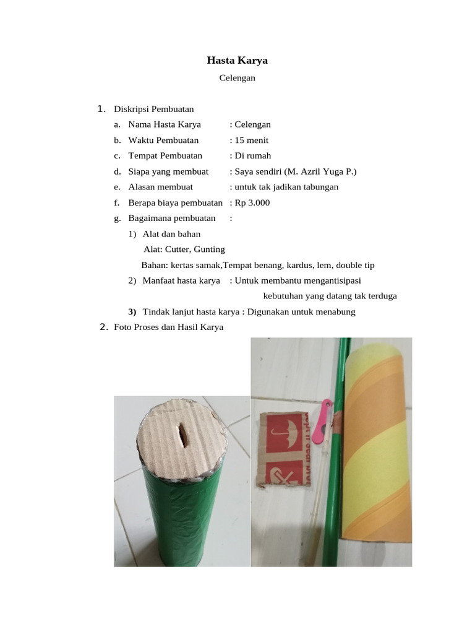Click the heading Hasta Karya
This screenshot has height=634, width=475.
(237, 61)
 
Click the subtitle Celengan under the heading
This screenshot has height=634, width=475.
(237, 78)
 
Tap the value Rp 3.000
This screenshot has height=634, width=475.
(252, 202)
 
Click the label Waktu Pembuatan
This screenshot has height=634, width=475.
(163, 140)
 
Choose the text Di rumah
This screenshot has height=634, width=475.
(253, 155)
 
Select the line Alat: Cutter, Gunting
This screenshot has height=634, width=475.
(184, 249)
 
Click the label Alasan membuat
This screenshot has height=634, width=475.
(160, 186)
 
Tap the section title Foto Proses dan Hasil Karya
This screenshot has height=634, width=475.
(168, 327)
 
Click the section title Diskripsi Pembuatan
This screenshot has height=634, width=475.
(153, 109)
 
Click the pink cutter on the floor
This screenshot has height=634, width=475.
(321, 424)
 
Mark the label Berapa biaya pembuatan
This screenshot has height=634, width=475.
(175, 202)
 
